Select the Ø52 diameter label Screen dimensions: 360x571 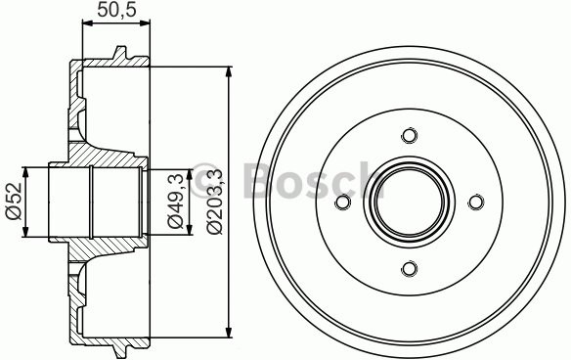coord(14,202)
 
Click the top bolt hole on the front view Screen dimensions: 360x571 coord(410,136)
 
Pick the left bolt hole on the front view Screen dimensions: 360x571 coord(343,202)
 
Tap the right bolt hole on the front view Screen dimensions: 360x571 coord(476,202)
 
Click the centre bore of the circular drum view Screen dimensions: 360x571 coord(410,202)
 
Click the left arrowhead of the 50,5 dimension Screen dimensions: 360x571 coord(86,28)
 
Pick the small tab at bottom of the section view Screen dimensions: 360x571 coord(120,350)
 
